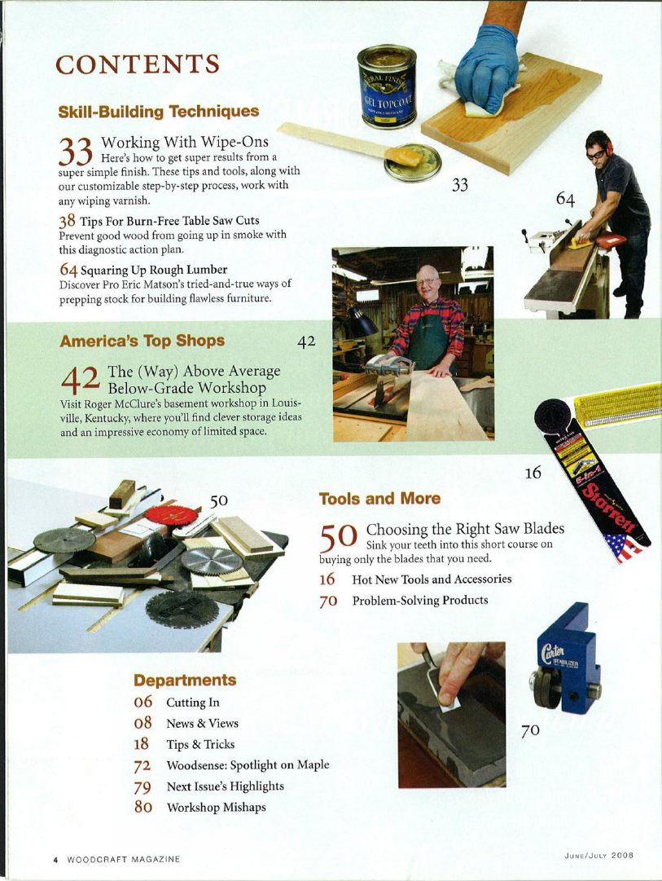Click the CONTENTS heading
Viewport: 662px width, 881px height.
click(x=137, y=64)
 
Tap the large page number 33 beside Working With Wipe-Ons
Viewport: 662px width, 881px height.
click(x=78, y=152)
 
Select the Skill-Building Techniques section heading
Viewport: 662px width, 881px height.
click(x=159, y=111)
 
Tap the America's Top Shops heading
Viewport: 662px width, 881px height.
click(x=142, y=341)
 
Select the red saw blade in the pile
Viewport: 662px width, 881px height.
click(x=172, y=515)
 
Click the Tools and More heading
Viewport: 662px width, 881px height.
click(x=379, y=498)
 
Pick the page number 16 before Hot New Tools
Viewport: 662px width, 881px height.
click(x=327, y=579)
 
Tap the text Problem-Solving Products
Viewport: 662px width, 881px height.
click(x=419, y=601)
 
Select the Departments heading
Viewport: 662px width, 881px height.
click(x=185, y=680)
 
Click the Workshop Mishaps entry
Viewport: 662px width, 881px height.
click(x=216, y=808)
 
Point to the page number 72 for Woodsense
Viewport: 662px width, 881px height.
click(x=143, y=765)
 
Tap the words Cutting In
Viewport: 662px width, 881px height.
click(x=192, y=703)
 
